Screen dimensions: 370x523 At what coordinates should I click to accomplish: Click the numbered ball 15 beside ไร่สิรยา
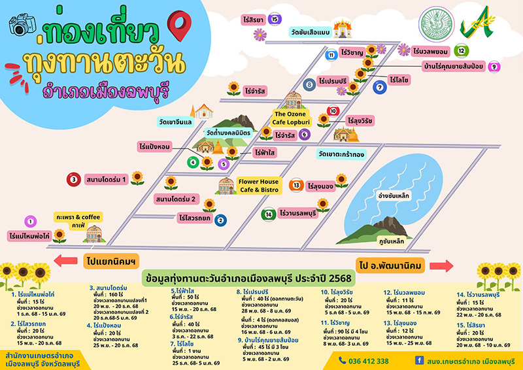tap(275, 19)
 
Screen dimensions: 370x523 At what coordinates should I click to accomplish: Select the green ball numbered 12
tap(462, 50)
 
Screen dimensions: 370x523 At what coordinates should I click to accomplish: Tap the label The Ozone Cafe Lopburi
tap(293, 118)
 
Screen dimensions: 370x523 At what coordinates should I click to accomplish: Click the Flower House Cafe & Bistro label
tap(259, 186)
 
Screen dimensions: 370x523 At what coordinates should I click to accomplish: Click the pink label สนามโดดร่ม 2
tap(177, 198)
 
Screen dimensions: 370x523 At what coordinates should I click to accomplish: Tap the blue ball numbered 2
tap(220, 220)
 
